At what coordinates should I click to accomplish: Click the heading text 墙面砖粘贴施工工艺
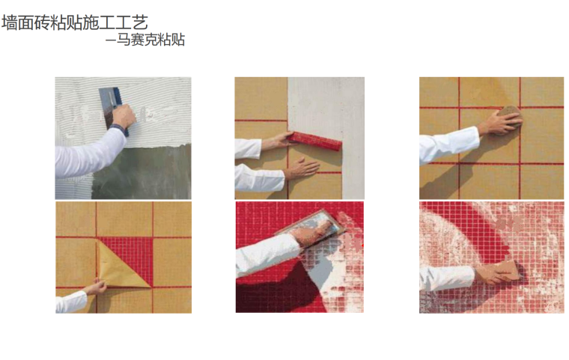point(75,22)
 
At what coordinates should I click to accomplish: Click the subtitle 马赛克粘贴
point(150,40)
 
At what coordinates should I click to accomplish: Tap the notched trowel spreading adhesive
point(110,106)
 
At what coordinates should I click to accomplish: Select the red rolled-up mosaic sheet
point(315,141)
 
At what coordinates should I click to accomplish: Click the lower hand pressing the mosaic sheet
point(301,168)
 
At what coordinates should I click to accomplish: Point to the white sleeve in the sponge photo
point(448,144)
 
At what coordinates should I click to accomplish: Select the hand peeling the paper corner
point(95,287)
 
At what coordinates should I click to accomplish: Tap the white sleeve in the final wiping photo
point(446,278)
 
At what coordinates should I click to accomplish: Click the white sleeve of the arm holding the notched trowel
point(88,153)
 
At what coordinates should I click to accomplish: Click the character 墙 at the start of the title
point(10,22)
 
